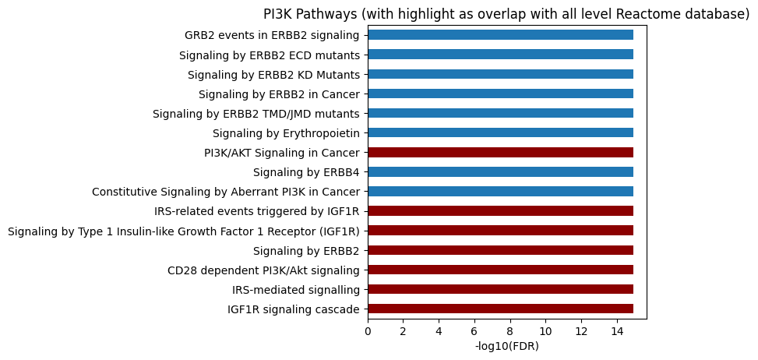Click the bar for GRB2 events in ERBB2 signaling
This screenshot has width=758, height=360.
(x=500, y=35)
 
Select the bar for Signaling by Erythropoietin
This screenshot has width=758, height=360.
(x=500, y=132)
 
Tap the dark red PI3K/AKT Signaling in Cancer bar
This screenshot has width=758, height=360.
(x=500, y=152)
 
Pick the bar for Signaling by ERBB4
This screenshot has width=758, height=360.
(x=500, y=171)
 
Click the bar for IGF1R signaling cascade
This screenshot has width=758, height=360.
(x=500, y=309)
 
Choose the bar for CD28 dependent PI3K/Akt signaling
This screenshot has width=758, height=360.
(x=500, y=270)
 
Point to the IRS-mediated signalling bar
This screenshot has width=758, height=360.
(x=500, y=289)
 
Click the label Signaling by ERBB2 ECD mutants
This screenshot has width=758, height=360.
(x=269, y=55)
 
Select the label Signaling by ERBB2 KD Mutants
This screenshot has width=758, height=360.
(x=273, y=75)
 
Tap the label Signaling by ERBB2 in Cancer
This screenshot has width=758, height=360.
(x=279, y=94)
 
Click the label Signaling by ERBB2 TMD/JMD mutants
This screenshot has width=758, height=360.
(x=256, y=114)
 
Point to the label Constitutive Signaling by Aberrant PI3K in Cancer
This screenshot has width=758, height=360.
(x=225, y=192)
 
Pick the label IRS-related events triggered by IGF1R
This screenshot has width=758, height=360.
(x=257, y=211)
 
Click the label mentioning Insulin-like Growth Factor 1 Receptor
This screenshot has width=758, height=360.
(x=183, y=231)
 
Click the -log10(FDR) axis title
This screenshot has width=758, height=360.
(x=506, y=346)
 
